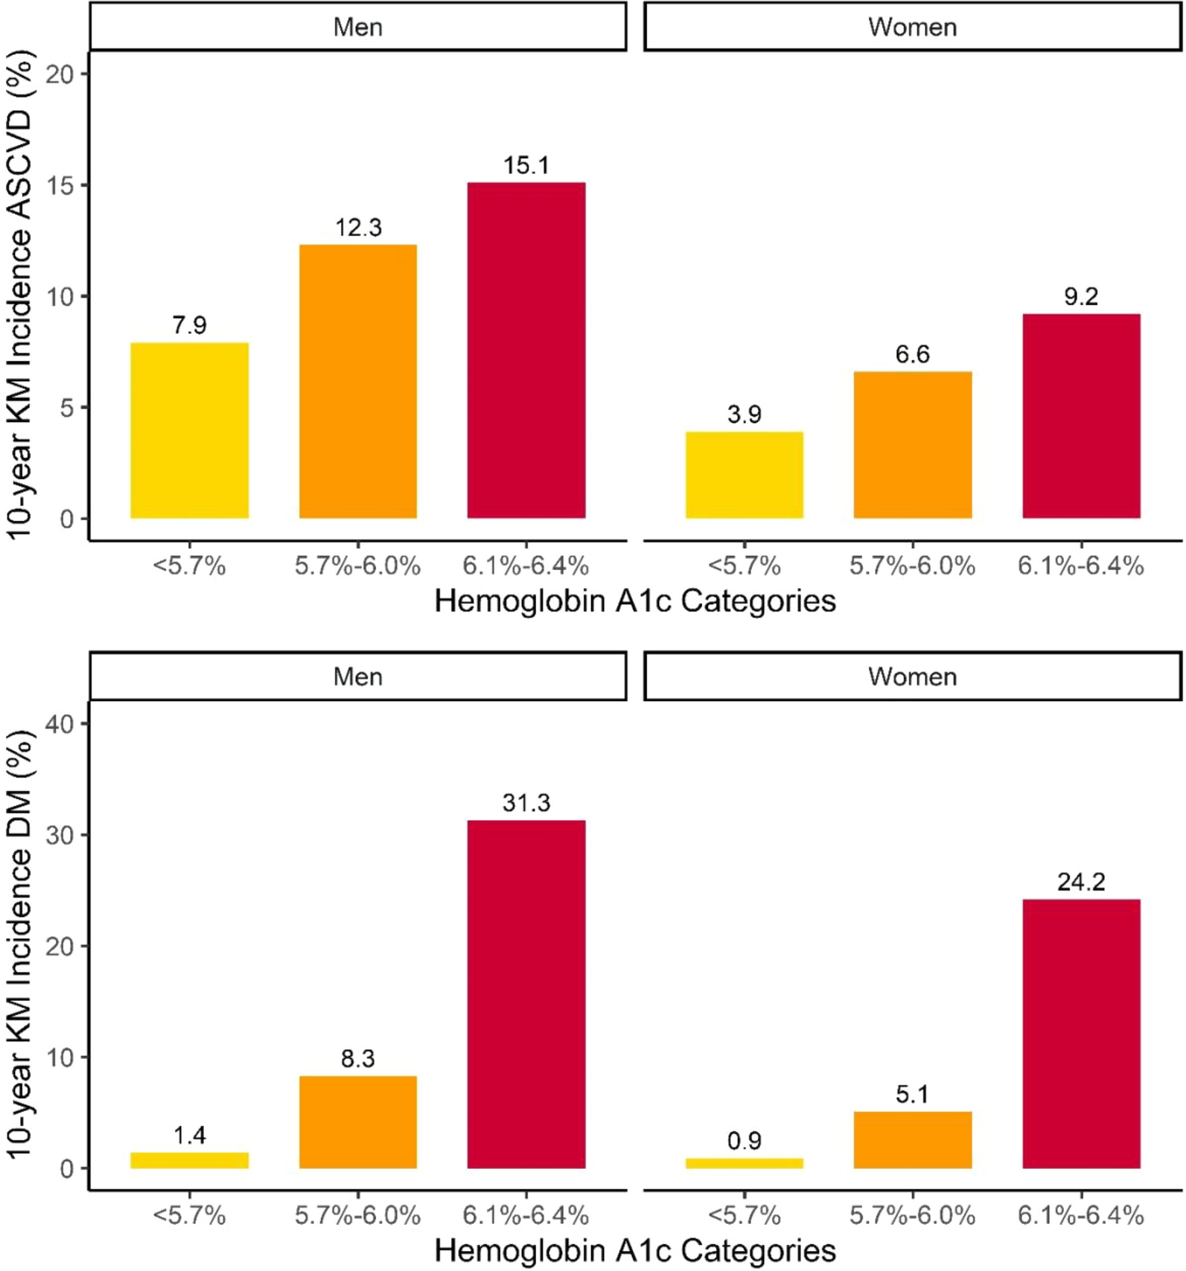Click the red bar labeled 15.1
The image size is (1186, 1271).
(x=526, y=350)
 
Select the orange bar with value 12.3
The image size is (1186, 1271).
(x=358, y=381)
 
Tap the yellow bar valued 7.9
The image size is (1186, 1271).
(x=190, y=430)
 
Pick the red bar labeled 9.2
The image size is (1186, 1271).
(x=1081, y=415)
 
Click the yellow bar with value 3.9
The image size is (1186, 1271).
(x=745, y=475)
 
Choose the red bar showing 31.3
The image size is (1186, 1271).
(x=526, y=994)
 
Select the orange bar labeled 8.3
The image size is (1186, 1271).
(x=358, y=1122)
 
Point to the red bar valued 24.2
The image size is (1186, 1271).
(x=1081, y=1034)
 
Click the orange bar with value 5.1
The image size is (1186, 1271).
(x=913, y=1140)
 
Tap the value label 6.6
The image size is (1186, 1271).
(x=913, y=354)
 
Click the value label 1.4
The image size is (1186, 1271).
(x=190, y=1136)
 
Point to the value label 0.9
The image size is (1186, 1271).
(x=745, y=1141)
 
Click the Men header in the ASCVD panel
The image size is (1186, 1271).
(x=358, y=27)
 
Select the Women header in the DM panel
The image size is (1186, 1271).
(x=913, y=676)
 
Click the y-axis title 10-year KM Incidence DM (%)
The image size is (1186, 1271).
(x=21, y=945)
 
